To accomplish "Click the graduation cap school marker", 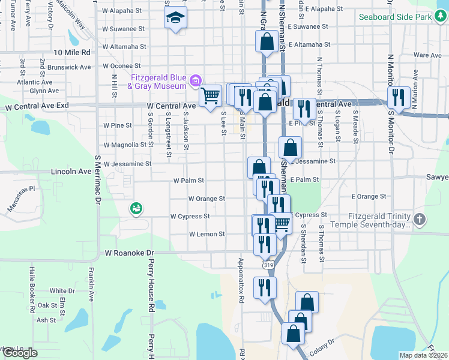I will (175, 19).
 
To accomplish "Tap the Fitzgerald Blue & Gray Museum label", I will (158, 82).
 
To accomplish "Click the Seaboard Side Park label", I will (394, 17).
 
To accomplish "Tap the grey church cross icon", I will (420, 220).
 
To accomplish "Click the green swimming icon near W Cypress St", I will (136, 209).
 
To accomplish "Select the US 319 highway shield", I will (265, 263).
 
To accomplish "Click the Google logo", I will (20, 353).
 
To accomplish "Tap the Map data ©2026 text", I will (423, 355).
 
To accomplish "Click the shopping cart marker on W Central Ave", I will (210, 96).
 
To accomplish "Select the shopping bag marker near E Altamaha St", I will (267, 43).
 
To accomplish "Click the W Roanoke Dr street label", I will (130, 253).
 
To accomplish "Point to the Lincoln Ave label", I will (73, 172).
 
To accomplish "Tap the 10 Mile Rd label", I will (72, 53).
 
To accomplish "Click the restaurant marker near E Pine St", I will (304, 110).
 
